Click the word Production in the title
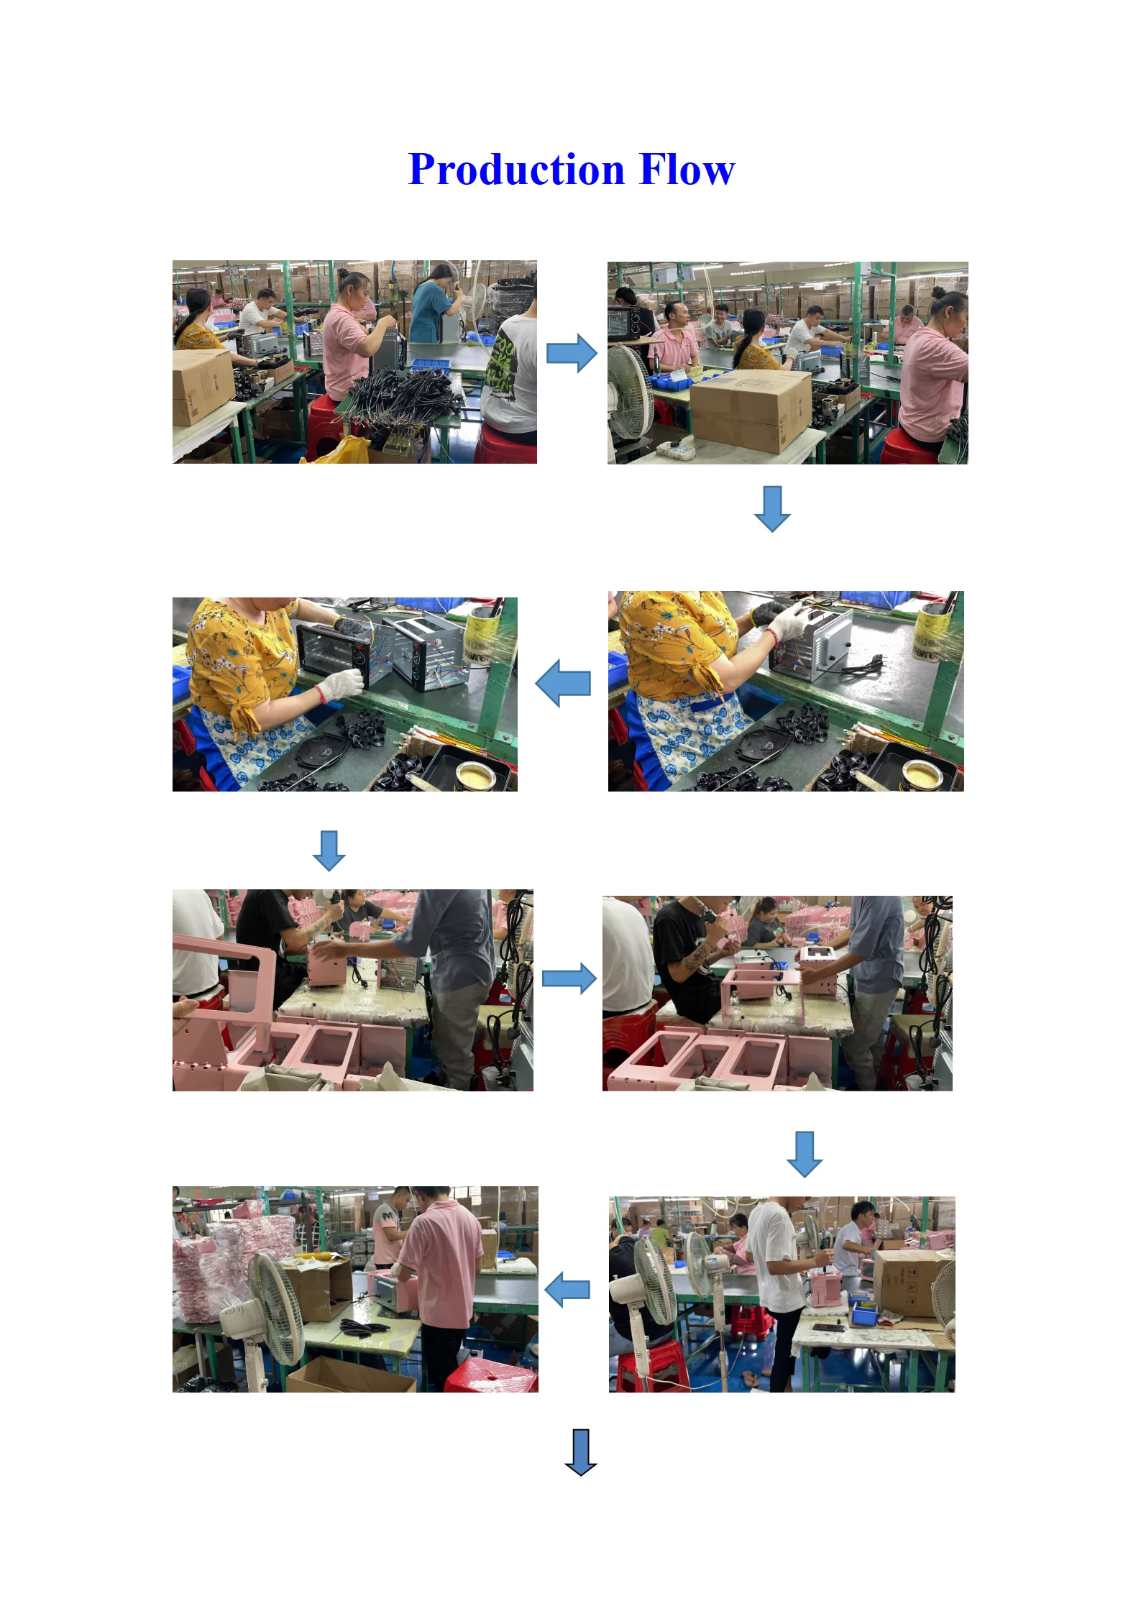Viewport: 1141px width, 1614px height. pyautogui.click(x=516, y=170)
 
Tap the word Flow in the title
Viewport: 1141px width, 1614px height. pyautogui.click(x=687, y=170)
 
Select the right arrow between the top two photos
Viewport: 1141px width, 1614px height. pyautogui.click(x=572, y=353)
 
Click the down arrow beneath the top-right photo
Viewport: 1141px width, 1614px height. pyautogui.click(x=772, y=509)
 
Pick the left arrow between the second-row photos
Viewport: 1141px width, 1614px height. pyautogui.click(x=563, y=683)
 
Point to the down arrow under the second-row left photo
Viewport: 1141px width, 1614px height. pyautogui.click(x=329, y=851)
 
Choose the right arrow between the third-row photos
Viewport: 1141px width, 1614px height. pyautogui.click(x=569, y=978)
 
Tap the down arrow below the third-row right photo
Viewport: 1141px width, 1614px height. pyautogui.click(x=805, y=1154)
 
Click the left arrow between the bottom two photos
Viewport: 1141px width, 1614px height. pyautogui.click(x=567, y=1290)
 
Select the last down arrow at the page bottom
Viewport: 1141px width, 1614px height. pyautogui.click(x=581, y=1452)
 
